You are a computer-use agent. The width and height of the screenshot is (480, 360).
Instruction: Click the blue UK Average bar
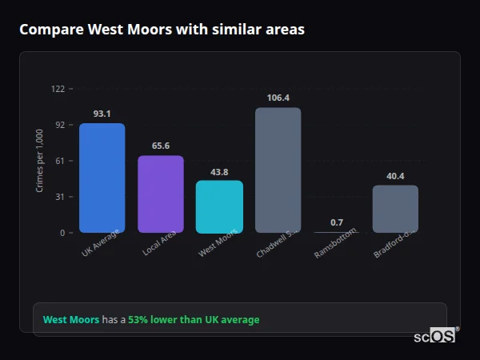tap(102, 178)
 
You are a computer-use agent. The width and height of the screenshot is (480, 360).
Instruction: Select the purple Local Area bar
tap(160, 194)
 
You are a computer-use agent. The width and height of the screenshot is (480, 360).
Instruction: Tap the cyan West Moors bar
tap(219, 206)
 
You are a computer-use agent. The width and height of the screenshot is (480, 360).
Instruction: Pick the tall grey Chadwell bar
tap(278, 170)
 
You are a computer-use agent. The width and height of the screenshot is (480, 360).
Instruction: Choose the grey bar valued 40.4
tap(395, 209)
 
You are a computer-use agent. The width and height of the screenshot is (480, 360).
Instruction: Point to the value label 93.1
tap(102, 114)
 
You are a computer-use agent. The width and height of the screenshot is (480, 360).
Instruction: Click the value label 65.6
tap(160, 146)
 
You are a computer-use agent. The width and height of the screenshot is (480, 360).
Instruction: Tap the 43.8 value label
tap(219, 171)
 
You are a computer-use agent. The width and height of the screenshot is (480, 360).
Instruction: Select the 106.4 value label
tap(278, 98)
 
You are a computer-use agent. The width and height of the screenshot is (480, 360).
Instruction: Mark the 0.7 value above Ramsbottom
tap(336, 222)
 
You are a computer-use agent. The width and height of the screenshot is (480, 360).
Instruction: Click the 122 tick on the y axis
tap(58, 89)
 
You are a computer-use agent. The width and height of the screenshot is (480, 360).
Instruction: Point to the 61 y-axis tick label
tap(59, 161)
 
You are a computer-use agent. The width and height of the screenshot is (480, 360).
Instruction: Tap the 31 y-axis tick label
tap(59, 197)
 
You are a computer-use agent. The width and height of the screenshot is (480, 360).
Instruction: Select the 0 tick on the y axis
tap(62, 233)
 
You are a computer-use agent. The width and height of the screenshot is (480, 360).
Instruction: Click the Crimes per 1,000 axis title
tap(39, 160)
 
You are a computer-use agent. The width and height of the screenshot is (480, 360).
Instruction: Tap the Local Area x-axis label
tap(159, 243)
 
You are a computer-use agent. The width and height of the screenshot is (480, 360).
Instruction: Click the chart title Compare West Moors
tap(162, 30)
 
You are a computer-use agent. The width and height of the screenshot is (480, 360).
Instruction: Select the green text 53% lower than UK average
tap(194, 320)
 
